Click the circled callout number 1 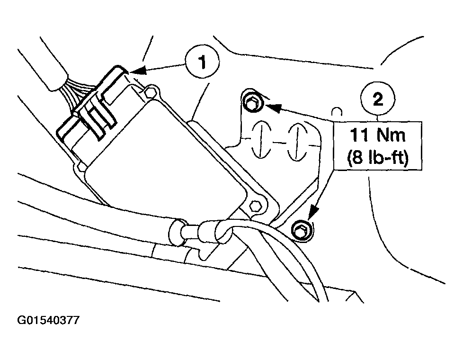(202, 61)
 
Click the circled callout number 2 (378, 98)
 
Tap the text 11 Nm (378, 135)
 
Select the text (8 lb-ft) (378, 157)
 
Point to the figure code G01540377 (48, 320)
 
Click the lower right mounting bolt (302, 230)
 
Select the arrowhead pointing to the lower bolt (313, 213)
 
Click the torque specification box (378, 146)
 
